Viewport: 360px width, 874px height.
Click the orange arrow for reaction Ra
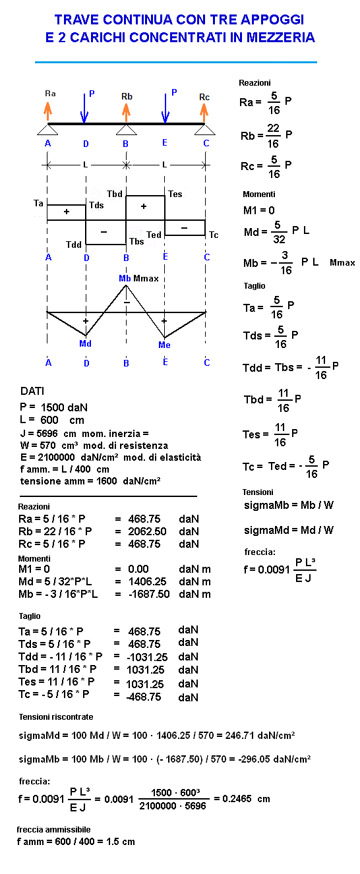pos(47,111)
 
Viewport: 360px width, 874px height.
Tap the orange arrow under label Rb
pos(126,112)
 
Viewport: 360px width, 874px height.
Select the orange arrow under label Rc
pos(204,112)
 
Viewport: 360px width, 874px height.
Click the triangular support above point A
pos(47,130)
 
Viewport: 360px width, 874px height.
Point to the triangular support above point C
pos(204,130)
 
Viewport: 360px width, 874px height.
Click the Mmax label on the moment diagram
pos(146,279)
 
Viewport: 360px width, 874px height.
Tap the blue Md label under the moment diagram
pos(85,343)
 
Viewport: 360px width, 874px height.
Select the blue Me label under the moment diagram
pos(164,345)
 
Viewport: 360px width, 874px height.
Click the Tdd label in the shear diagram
pos(73,245)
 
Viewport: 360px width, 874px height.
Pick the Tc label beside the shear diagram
pos(214,235)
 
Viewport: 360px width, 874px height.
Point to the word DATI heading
pos(32,391)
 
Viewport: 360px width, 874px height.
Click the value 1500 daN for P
pos(64,407)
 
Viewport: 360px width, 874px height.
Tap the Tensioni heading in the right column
pos(258,492)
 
